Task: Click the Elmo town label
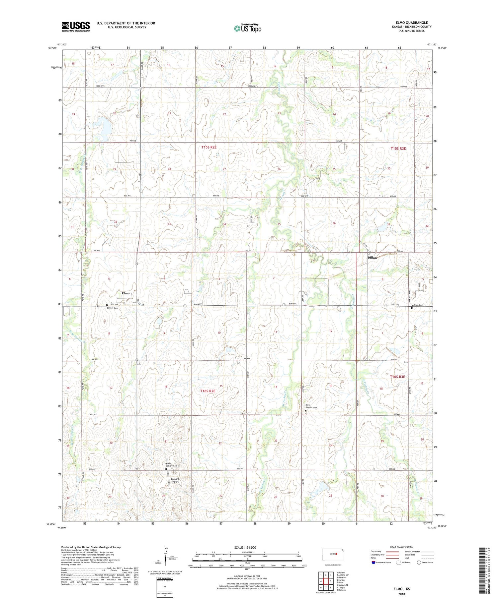pos(125,293)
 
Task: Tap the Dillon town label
pos(372,258)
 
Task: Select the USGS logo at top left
pos(76,27)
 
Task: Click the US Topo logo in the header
pos(247,28)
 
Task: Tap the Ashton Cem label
pos(417,305)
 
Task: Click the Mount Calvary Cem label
pos(172,465)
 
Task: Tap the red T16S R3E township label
pos(397,377)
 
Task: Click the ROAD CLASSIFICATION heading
pos(402,547)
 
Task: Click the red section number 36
pos(334,223)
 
